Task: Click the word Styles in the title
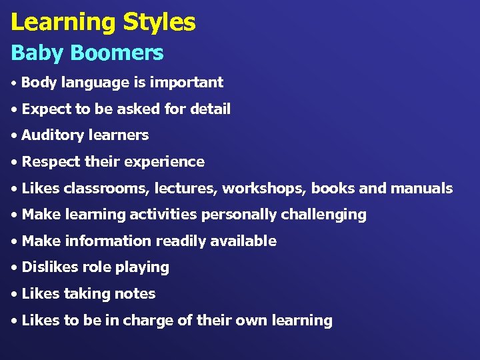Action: click(159, 23)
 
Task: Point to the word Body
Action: click(39, 83)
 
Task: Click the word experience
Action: click(172, 162)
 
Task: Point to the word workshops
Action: click(265, 189)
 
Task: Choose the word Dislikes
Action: click(49, 267)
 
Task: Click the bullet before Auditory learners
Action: click(15, 135)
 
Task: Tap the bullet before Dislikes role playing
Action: click(15, 267)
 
